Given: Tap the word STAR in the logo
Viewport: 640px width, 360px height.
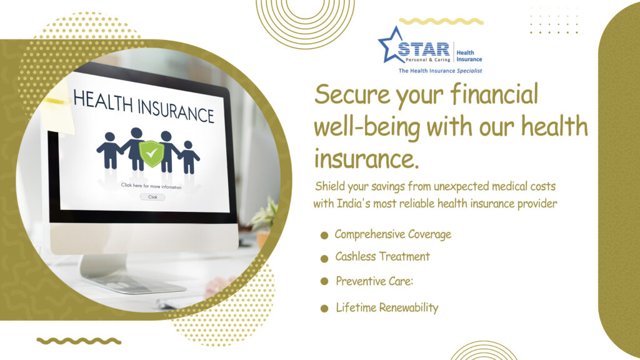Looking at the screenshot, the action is pyautogui.click(x=424, y=49).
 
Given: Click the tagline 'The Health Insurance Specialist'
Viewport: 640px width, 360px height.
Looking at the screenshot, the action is pyautogui.click(x=440, y=71).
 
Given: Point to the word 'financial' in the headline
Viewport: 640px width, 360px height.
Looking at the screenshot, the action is pyautogui.click(x=494, y=94).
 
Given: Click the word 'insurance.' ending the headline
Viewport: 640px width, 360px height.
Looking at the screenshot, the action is pyautogui.click(x=366, y=158).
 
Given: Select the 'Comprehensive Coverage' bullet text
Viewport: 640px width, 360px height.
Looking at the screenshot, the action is pyautogui.click(x=393, y=235).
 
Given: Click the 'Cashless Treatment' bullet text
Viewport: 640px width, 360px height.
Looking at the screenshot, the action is pyautogui.click(x=382, y=256).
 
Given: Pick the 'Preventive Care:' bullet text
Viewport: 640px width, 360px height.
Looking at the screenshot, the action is pyautogui.click(x=374, y=281).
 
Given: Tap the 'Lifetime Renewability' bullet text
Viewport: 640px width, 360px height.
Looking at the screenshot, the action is pyautogui.click(x=387, y=307).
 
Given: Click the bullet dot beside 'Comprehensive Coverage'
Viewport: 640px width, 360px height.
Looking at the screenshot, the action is pyautogui.click(x=324, y=235).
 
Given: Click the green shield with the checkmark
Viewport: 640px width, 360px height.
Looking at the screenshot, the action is pyautogui.click(x=151, y=154).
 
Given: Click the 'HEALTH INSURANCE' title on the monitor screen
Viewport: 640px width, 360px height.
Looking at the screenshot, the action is pyautogui.click(x=143, y=106).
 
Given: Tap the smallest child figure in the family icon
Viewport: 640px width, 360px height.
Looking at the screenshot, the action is pyautogui.click(x=189, y=157).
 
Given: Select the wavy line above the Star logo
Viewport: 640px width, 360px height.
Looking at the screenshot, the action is pyautogui.click(x=441, y=21).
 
